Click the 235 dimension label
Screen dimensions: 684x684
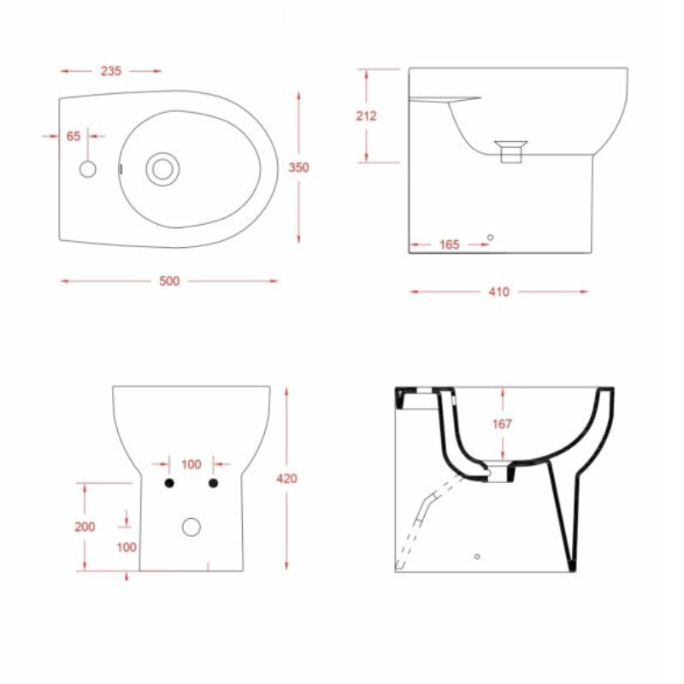[x=111, y=71]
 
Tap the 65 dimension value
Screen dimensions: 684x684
[x=74, y=136]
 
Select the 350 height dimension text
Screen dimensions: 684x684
[x=298, y=167]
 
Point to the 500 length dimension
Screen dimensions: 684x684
[x=169, y=281]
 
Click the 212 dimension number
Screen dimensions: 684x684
[x=367, y=115]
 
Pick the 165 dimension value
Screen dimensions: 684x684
[x=450, y=245]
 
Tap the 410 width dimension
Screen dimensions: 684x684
[x=499, y=292]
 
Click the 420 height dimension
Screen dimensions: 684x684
[x=286, y=479]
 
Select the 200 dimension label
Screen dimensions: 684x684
[x=85, y=527]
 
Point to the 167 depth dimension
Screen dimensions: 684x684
[x=502, y=423]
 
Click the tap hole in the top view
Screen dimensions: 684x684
[x=88, y=169]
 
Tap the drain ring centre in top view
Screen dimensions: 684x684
[x=162, y=169]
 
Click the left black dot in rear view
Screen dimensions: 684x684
[x=169, y=483]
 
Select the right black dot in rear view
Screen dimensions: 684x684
[x=213, y=483]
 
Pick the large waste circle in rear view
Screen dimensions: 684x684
[x=192, y=527]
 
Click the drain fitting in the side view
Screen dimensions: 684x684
[x=510, y=151]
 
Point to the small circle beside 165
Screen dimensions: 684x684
[x=490, y=238]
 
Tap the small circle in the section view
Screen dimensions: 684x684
[x=477, y=557]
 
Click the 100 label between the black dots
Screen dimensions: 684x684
[x=192, y=464]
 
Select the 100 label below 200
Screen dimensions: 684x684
[x=127, y=547]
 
